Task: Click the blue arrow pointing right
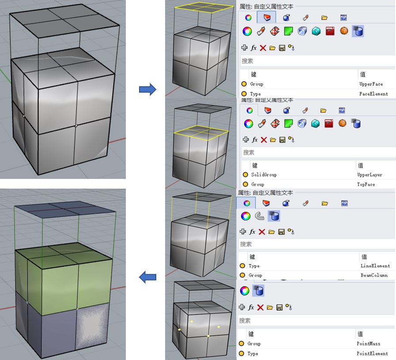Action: [148, 89]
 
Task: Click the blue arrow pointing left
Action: [148, 277]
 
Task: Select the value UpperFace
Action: [371, 84]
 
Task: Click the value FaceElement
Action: [373, 94]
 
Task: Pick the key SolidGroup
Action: [264, 174]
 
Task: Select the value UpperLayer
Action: [370, 174]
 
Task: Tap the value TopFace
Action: [366, 185]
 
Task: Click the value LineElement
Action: [375, 266]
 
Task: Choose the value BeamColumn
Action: [374, 275]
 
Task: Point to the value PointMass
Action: [368, 344]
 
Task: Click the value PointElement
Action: [372, 353]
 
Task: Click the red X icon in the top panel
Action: [263, 48]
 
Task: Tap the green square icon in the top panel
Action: [288, 31]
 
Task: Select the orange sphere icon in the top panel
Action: [344, 31]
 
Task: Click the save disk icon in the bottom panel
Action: [279, 307]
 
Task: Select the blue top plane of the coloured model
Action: [65, 209]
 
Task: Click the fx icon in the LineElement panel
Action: [252, 231]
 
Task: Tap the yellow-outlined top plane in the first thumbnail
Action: [204, 7]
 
